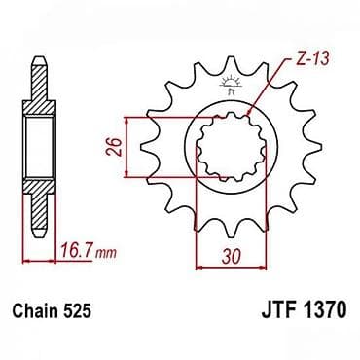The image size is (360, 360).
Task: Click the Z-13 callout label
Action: click(x=307, y=58)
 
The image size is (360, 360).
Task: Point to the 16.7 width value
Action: click(x=77, y=251)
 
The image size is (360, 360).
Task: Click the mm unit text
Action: click(x=105, y=253)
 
